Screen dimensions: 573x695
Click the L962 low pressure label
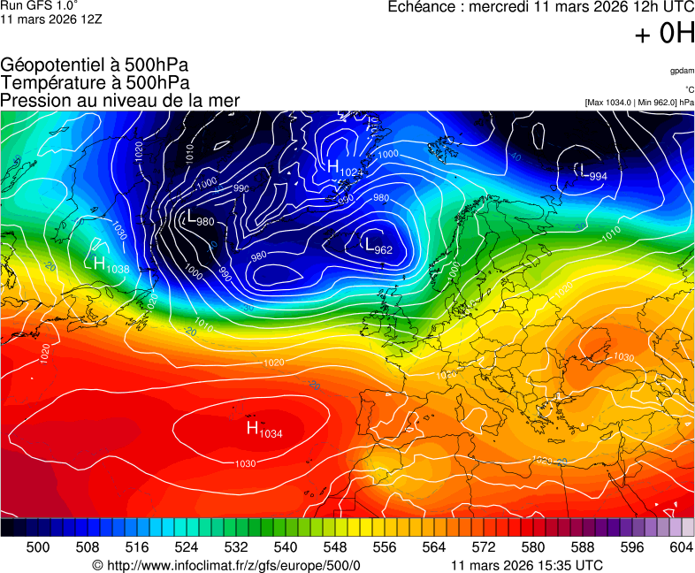(378, 247)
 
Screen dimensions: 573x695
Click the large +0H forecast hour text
(664, 34)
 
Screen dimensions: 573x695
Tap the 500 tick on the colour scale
(38, 547)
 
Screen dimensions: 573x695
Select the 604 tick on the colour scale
(681, 547)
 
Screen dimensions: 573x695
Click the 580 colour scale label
(533, 547)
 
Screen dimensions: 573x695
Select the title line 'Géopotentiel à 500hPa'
(95, 65)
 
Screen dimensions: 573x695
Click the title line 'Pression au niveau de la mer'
(120, 101)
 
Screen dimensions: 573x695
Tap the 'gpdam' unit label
(682, 70)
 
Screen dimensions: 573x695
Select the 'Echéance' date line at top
(541, 7)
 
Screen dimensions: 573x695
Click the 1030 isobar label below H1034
(245, 463)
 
